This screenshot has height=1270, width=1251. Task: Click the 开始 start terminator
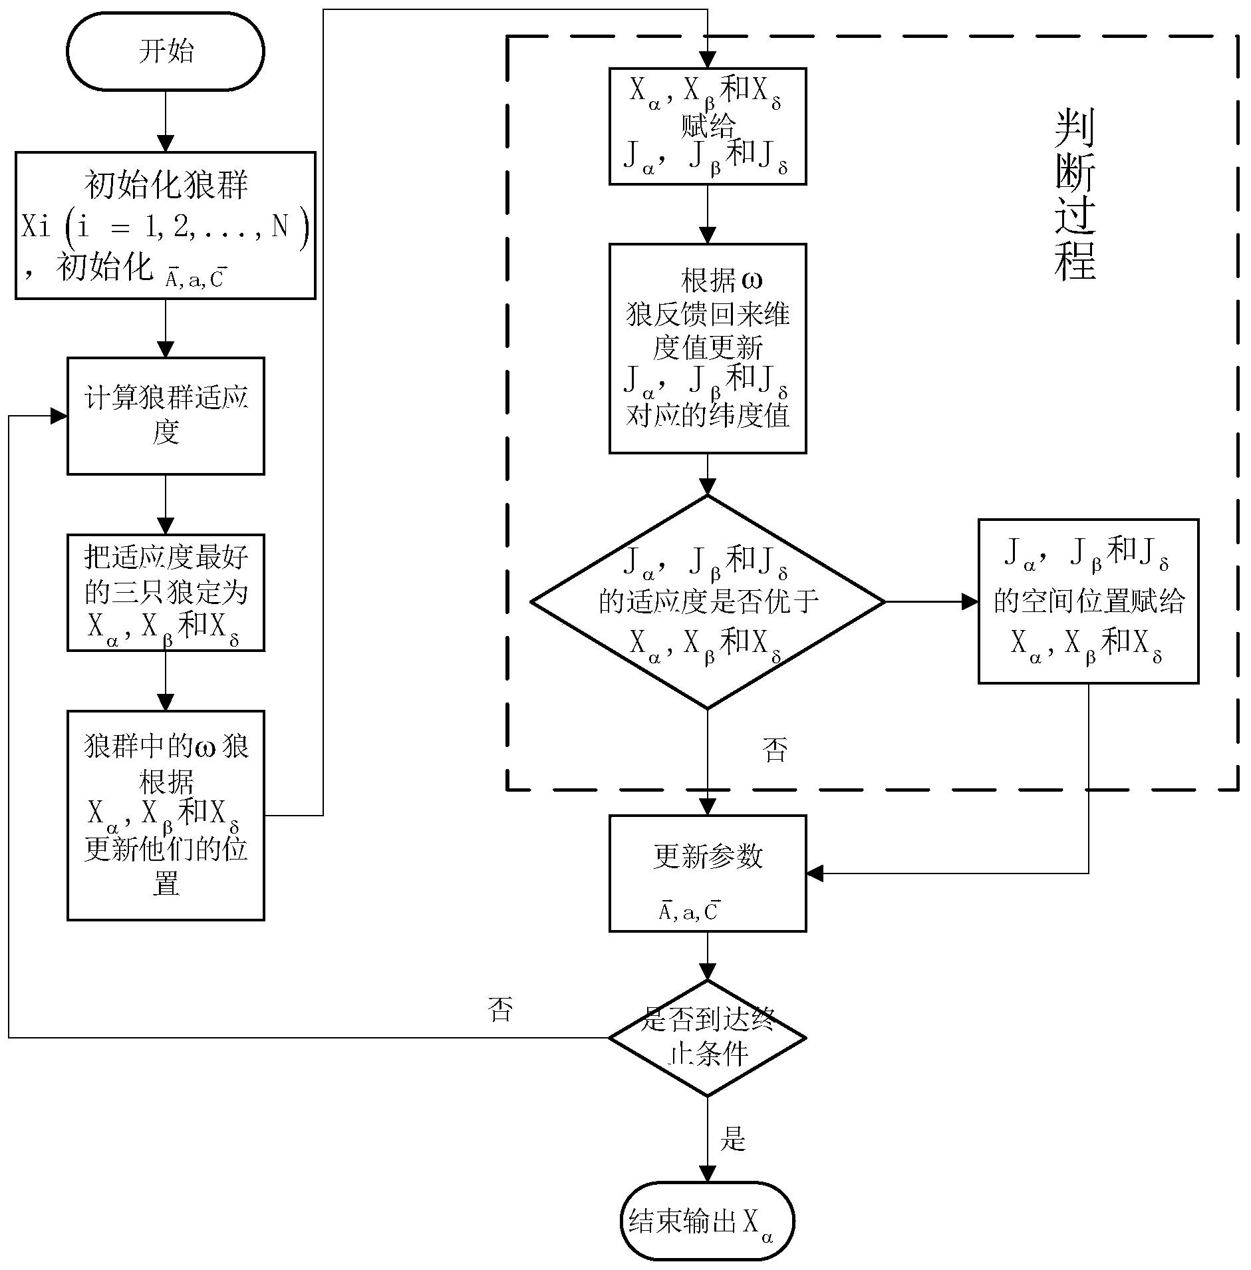tap(165, 51)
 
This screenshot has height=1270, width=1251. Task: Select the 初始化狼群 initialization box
tap(165, 225)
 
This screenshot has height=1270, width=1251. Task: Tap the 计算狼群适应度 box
tap(165, 416)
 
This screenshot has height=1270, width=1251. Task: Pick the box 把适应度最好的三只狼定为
tap(165, 592)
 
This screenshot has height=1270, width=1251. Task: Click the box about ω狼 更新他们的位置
tap(165, 815)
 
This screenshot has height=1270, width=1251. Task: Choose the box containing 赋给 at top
tap(708, 126)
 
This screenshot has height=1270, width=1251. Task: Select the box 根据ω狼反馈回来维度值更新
tap(708, 348)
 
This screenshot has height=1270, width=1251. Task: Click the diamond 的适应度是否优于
tap(708, 602)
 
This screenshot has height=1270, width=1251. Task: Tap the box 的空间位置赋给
tap(1088, 601)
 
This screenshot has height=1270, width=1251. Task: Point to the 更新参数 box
tap(708, 873)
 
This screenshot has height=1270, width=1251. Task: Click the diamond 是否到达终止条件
tap(708, 1037)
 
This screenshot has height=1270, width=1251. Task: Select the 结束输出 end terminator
tap(708, 1221)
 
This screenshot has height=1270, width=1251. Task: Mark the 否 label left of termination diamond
tap(500, 1009)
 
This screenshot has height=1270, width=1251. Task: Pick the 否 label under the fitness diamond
tap(774, 750)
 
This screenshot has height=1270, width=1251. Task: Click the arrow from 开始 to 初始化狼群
tap(165, 121)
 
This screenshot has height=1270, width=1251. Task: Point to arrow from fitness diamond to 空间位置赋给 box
tap(931, 602)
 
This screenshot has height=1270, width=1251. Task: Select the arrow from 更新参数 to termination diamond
tap(708, 956)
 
